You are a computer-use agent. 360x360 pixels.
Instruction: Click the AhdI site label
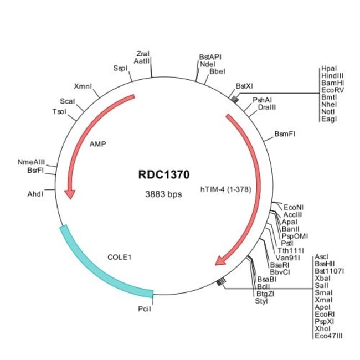(x=35, y=194)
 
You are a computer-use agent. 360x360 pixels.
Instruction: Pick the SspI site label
(x=120, y=68)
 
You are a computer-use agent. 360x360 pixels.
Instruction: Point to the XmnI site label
(x=83, y=86)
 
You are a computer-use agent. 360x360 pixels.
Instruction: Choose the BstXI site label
(x=244, y=86)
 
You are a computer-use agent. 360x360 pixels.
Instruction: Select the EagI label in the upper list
(x=328, y=118)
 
